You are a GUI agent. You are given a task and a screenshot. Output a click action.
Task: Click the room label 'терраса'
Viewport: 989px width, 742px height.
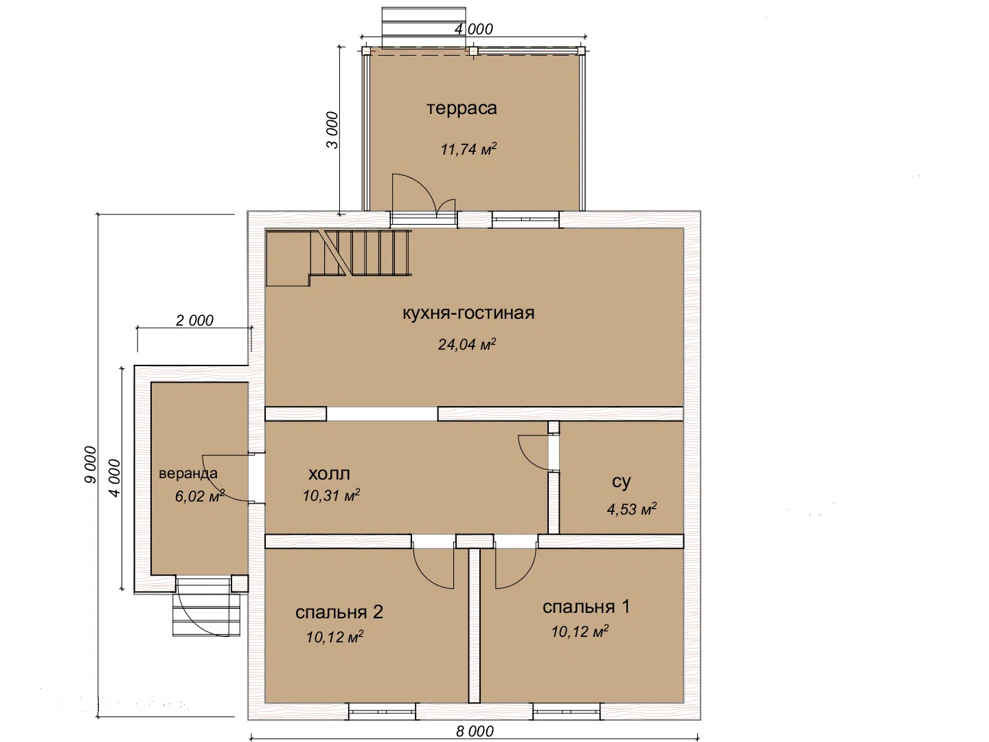pos(462,109)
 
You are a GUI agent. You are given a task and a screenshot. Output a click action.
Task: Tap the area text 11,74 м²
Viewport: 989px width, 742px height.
pos(468,148)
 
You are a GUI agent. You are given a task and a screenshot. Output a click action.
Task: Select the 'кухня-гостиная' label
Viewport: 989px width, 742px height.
pos(468,313)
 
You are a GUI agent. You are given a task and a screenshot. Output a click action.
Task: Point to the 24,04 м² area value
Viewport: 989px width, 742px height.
pos(467,344)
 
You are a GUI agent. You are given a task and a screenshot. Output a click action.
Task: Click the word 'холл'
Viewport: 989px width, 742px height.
pos(330,473)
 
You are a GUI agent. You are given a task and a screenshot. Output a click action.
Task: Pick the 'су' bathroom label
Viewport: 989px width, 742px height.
pos(622,482)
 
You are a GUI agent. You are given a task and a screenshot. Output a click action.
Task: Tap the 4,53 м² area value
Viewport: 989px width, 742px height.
pos(632,509)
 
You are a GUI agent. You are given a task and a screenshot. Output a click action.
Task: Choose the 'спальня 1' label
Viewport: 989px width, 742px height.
pos(587,607)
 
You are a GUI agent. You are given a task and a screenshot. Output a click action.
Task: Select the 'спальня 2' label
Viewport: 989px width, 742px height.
pos(339,611)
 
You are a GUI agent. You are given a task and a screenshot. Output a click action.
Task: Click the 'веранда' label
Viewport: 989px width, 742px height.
pos(188,473)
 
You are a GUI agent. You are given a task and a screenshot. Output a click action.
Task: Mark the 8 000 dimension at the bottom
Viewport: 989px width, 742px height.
pos(475,731)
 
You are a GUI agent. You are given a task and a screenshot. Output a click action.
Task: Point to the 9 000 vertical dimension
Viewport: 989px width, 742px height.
pos(91,465)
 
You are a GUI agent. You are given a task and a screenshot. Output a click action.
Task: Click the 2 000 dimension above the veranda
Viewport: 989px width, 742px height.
pos(194,320)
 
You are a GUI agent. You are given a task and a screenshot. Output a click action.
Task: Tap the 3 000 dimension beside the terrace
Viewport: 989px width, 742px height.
pos(332,131)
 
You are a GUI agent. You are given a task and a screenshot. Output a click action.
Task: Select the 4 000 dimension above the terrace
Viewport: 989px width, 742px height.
pos(473,29)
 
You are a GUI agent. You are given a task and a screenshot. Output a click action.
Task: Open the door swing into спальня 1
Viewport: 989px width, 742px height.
pos(516,567)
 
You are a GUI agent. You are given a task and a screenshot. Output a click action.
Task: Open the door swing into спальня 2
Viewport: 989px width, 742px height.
pos(433,567)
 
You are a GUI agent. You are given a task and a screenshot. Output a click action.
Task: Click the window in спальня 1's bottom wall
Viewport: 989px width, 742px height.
pos(567,711)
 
